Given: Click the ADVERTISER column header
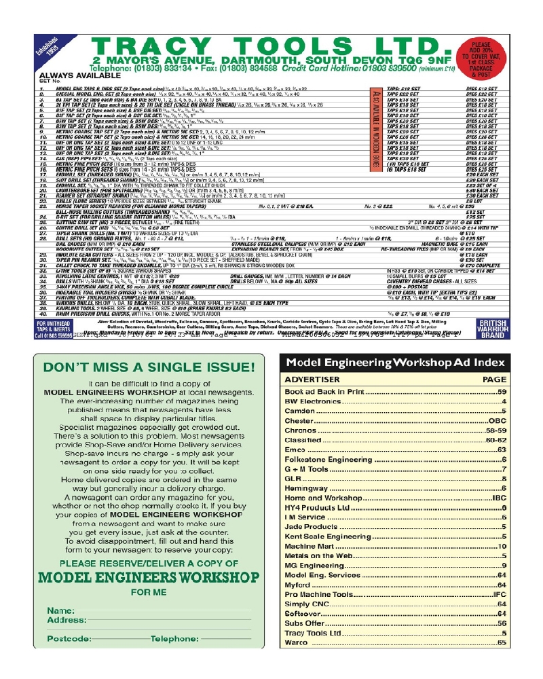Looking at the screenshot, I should pyautogui.click(x=312, y=380).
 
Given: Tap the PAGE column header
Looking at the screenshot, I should pyautogui.click(x=494, y=380).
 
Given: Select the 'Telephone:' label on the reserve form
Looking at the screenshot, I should pyautogui.click(x=174, y=639).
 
